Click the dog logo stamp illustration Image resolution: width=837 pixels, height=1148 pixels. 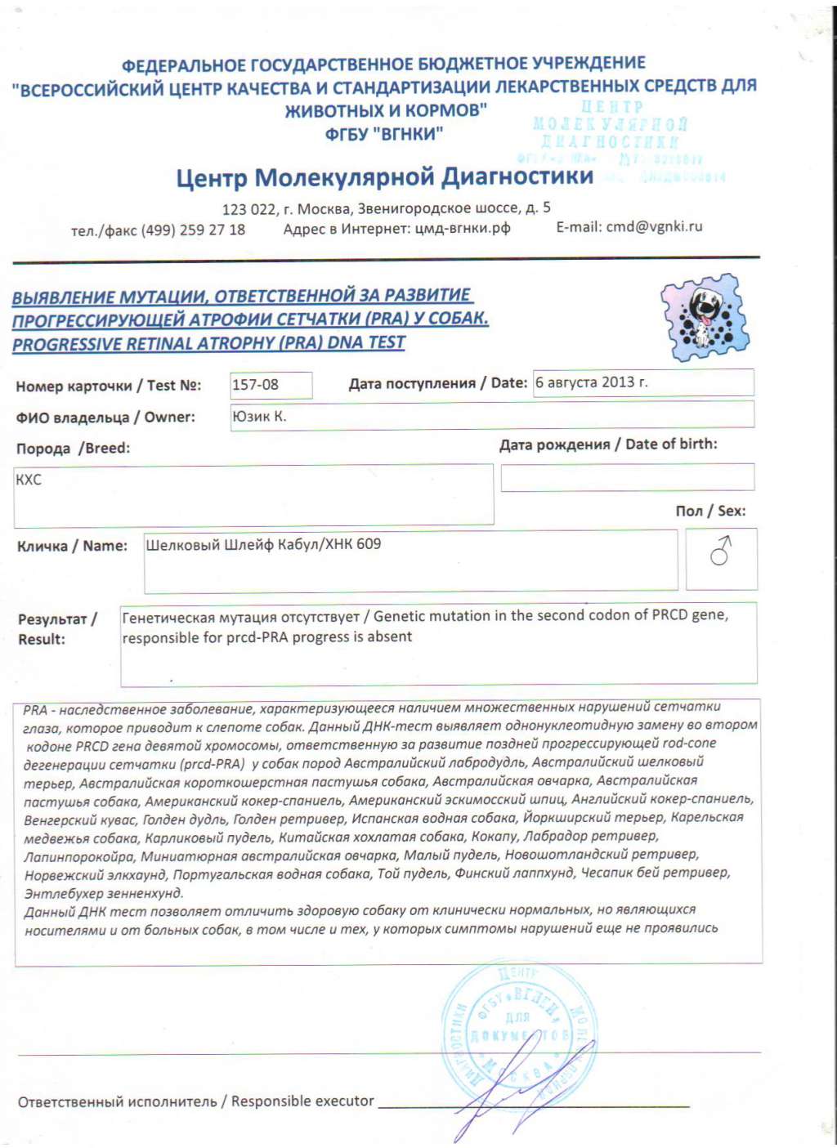pyautogui.click(x=705, y=318)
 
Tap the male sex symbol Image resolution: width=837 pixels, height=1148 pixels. pyautogui.click(x=720, y=552)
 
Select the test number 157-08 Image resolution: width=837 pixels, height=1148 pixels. pyautogui.click(x=255, y=385)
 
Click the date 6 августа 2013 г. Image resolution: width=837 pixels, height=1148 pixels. pyautogui.click(x=592, y=382)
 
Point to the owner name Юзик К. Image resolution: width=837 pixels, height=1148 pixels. pyautogui.click(x=259, y=416)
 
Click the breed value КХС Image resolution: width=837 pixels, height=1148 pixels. pyautogui.click(x=29, y=480)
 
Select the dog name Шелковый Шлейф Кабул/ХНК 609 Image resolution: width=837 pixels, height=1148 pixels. pyautogui.click(x=263, y=544)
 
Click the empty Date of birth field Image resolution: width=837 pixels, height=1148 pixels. pyautogui.click(x=627, y=477)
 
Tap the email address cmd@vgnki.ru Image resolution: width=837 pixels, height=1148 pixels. pyautogui.click(x=653, y=227)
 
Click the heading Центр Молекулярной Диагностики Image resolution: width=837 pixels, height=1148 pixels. pyautogui.click(x=384, y=177)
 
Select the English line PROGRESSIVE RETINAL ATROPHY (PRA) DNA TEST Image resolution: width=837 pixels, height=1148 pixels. pyautogui.click(x=208, y=343)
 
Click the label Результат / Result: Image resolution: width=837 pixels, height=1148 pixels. pyautogui.click(x=56, y=629)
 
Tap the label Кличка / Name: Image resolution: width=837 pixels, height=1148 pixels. pyautogui.click(x=72, y=546)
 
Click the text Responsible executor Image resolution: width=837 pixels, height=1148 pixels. pyautogui.click(x=302, y=1101)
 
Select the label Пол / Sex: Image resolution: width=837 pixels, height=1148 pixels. pyautogui.click(x=709, y=511)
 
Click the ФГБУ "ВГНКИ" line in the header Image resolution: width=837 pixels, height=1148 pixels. pyautogui.click(x=383, y=133)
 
